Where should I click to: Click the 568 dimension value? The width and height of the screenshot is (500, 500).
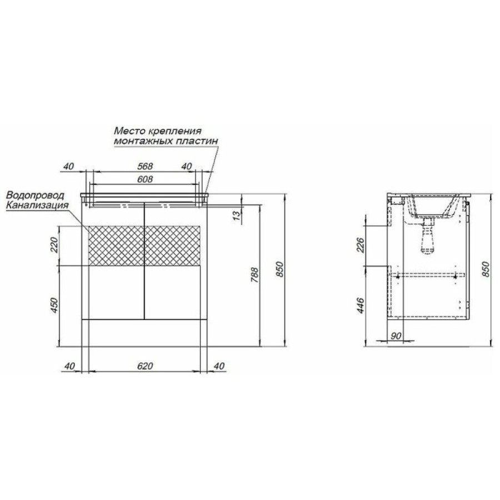tap(145, 166)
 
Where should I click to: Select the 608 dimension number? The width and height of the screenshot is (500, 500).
tap(145, 179)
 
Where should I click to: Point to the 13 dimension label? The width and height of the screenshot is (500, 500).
tap(237, 215)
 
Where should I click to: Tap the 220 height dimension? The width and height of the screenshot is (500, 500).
tap(54, 245)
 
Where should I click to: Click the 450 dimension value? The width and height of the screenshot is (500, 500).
tap(54, 305)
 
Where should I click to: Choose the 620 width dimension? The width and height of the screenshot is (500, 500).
tap(145, 366)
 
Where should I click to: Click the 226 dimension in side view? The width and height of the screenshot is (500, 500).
tap(361, 245)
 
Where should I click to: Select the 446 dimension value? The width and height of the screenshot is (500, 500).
tap(361, 305)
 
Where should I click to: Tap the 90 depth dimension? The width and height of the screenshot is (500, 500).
tap(396, 336)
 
